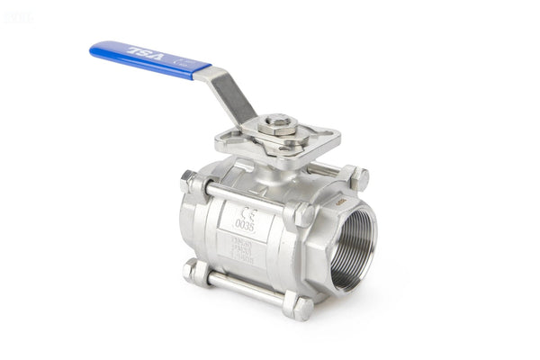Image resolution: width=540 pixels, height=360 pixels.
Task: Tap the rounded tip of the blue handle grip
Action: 95,50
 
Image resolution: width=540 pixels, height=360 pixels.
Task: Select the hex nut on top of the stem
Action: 277,122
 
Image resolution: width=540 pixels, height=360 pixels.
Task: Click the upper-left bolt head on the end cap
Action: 191,182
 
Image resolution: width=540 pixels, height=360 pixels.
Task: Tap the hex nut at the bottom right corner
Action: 298,307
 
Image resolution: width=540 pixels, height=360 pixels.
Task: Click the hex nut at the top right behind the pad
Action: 355,177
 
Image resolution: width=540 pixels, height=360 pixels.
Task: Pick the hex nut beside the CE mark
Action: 300,214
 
